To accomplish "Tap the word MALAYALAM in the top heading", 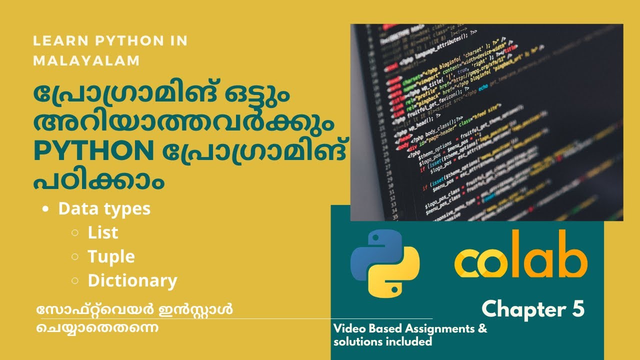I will (86, 60).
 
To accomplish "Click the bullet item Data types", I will (104, 208).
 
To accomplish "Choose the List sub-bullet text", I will (103, 232).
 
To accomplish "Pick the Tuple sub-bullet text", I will (111, 256).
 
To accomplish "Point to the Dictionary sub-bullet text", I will (132, 280).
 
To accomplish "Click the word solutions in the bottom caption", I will (356, 342).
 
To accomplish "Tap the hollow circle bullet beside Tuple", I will (74, 257).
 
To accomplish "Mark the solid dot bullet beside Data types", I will (46, 209).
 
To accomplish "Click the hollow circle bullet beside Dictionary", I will (74, 281).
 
